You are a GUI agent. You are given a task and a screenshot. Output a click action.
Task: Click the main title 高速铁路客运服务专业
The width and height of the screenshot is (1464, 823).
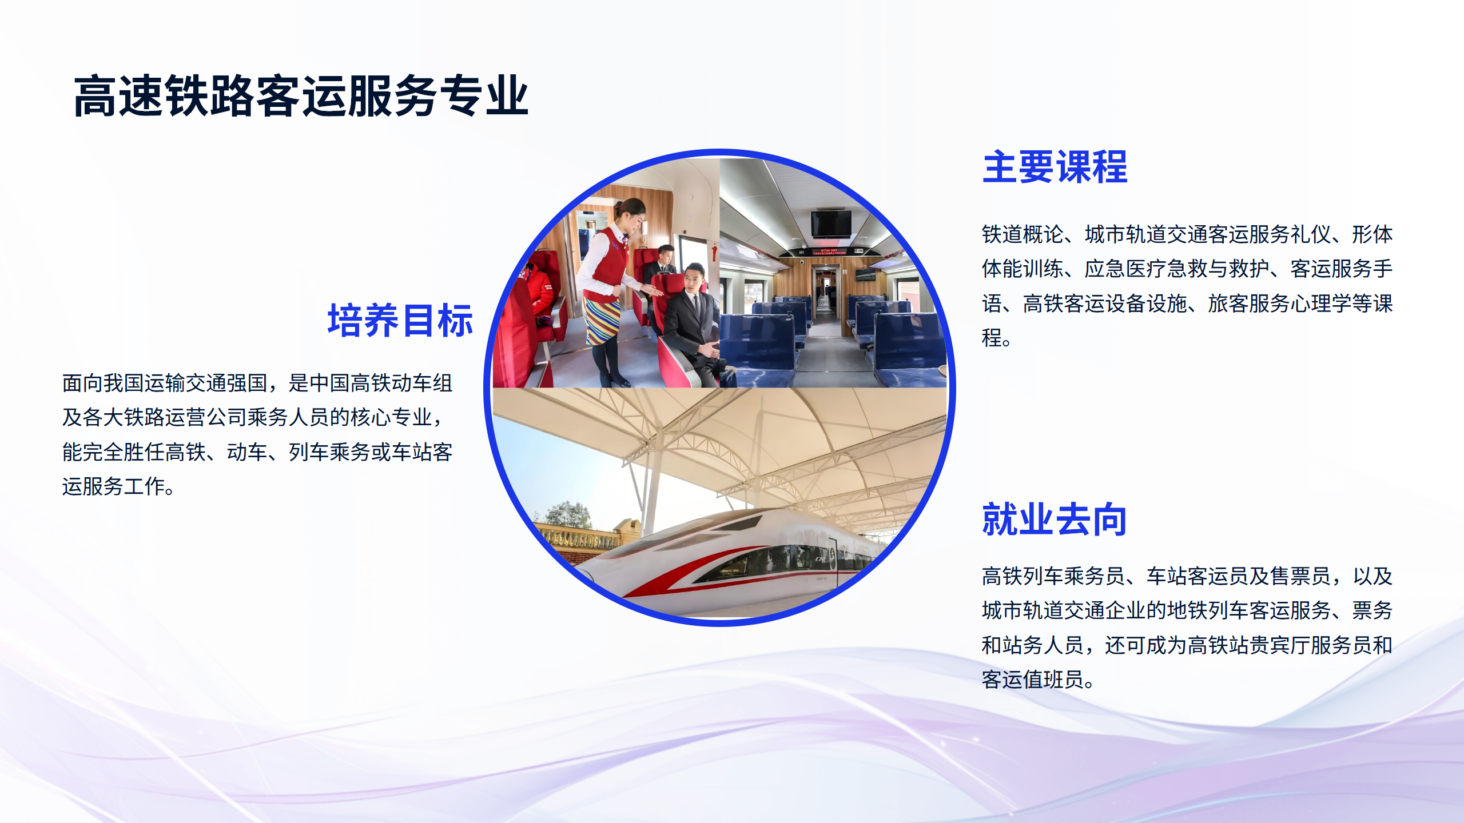(301, 96)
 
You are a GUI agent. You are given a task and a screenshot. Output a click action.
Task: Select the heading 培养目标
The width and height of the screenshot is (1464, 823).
(400, 321)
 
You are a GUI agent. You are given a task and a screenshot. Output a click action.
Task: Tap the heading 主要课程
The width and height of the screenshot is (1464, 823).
(1055, 167)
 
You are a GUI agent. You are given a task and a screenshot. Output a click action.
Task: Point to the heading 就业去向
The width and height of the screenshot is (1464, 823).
(1055, 520)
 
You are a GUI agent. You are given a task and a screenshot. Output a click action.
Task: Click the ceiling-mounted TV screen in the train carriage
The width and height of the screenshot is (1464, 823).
(831, 223)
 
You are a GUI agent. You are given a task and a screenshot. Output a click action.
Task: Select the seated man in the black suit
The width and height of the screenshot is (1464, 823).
(692, 326)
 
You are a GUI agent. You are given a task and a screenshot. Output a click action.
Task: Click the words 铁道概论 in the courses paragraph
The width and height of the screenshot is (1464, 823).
(1023, 235)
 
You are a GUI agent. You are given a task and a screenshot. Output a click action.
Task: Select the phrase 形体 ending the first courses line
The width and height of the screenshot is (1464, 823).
(1372, 235)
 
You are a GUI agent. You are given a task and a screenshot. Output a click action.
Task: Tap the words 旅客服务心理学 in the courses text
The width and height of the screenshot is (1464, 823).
(1280, 303)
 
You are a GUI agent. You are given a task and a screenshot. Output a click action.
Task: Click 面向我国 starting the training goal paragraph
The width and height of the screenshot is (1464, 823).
(103, 383)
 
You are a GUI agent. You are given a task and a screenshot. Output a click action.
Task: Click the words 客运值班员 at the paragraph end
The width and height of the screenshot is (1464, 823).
(1033, 680)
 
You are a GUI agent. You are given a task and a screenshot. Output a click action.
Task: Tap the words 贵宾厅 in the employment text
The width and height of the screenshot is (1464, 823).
(1280, 646)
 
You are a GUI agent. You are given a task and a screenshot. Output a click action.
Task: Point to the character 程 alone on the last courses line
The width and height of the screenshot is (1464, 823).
(992, 338)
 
